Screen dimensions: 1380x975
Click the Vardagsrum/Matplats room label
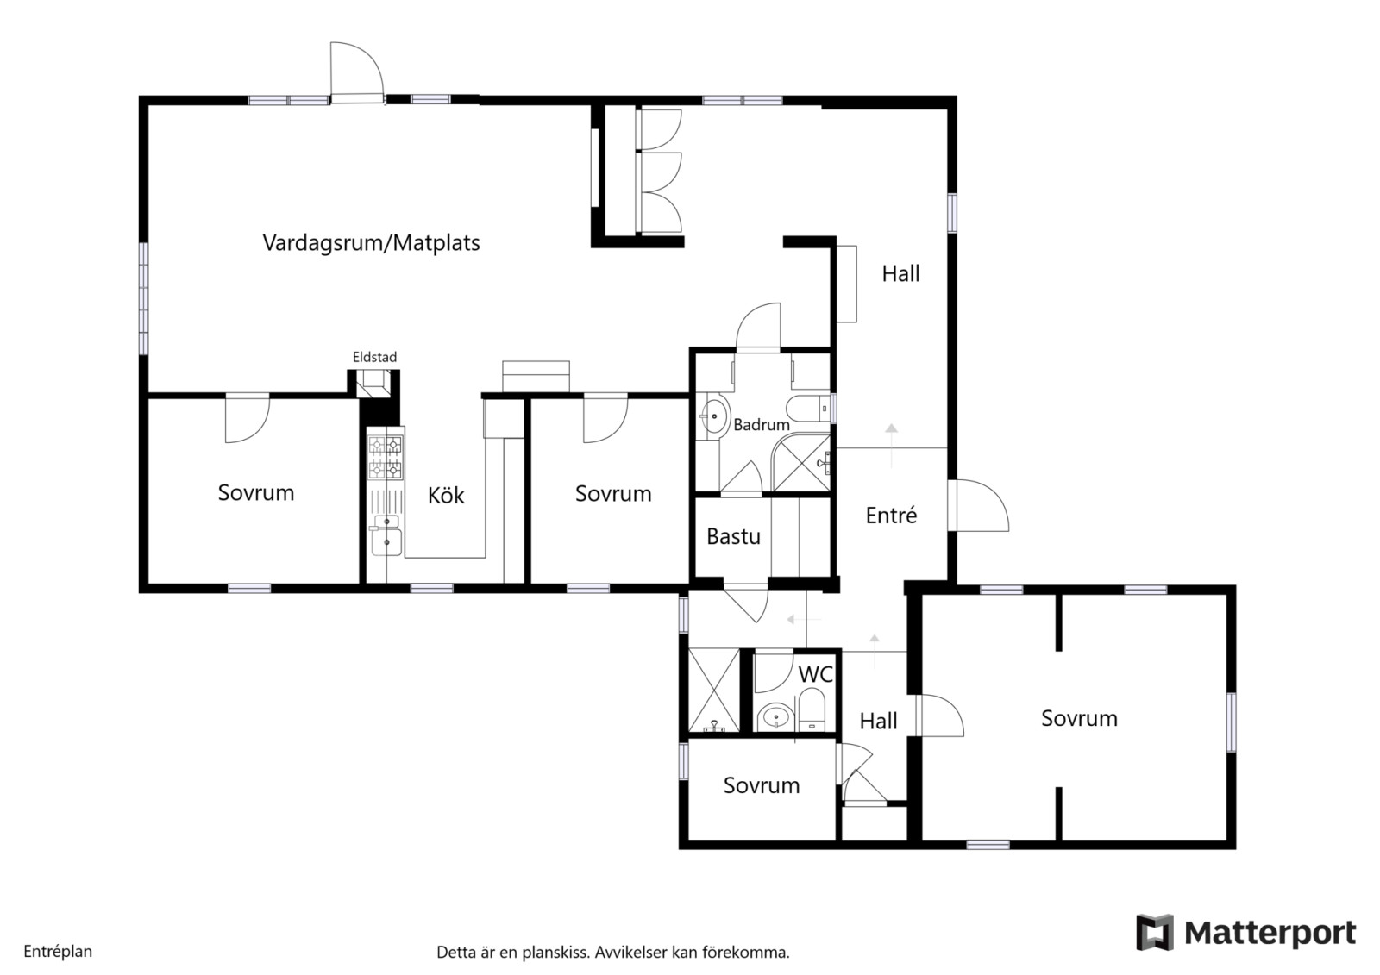[x=371, y=243]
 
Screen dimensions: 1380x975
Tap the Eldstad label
[x=374, y=357]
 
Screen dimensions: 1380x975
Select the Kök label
[x=446, y=495]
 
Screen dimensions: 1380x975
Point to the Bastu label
[x=733, y=536]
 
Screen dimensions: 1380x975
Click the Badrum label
[x=762, y=424]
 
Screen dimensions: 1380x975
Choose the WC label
[x=816, y=674]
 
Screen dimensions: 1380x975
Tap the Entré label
[x=891, y=515]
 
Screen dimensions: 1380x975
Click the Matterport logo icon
[x=1155, y=932]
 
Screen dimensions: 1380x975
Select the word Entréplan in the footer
[x=58, y=952]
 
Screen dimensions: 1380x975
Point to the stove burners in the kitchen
[x=385, y=458]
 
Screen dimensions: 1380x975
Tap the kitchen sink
[x=386, y=536]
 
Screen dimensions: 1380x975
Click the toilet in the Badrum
[x=807, y=409]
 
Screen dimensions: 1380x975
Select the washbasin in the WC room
[x=775, y=717]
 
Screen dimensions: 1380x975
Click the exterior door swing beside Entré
[x=978, y=505]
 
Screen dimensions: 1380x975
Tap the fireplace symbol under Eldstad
[x=373, y=383]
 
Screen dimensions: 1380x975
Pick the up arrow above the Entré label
[x=891, y=445]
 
